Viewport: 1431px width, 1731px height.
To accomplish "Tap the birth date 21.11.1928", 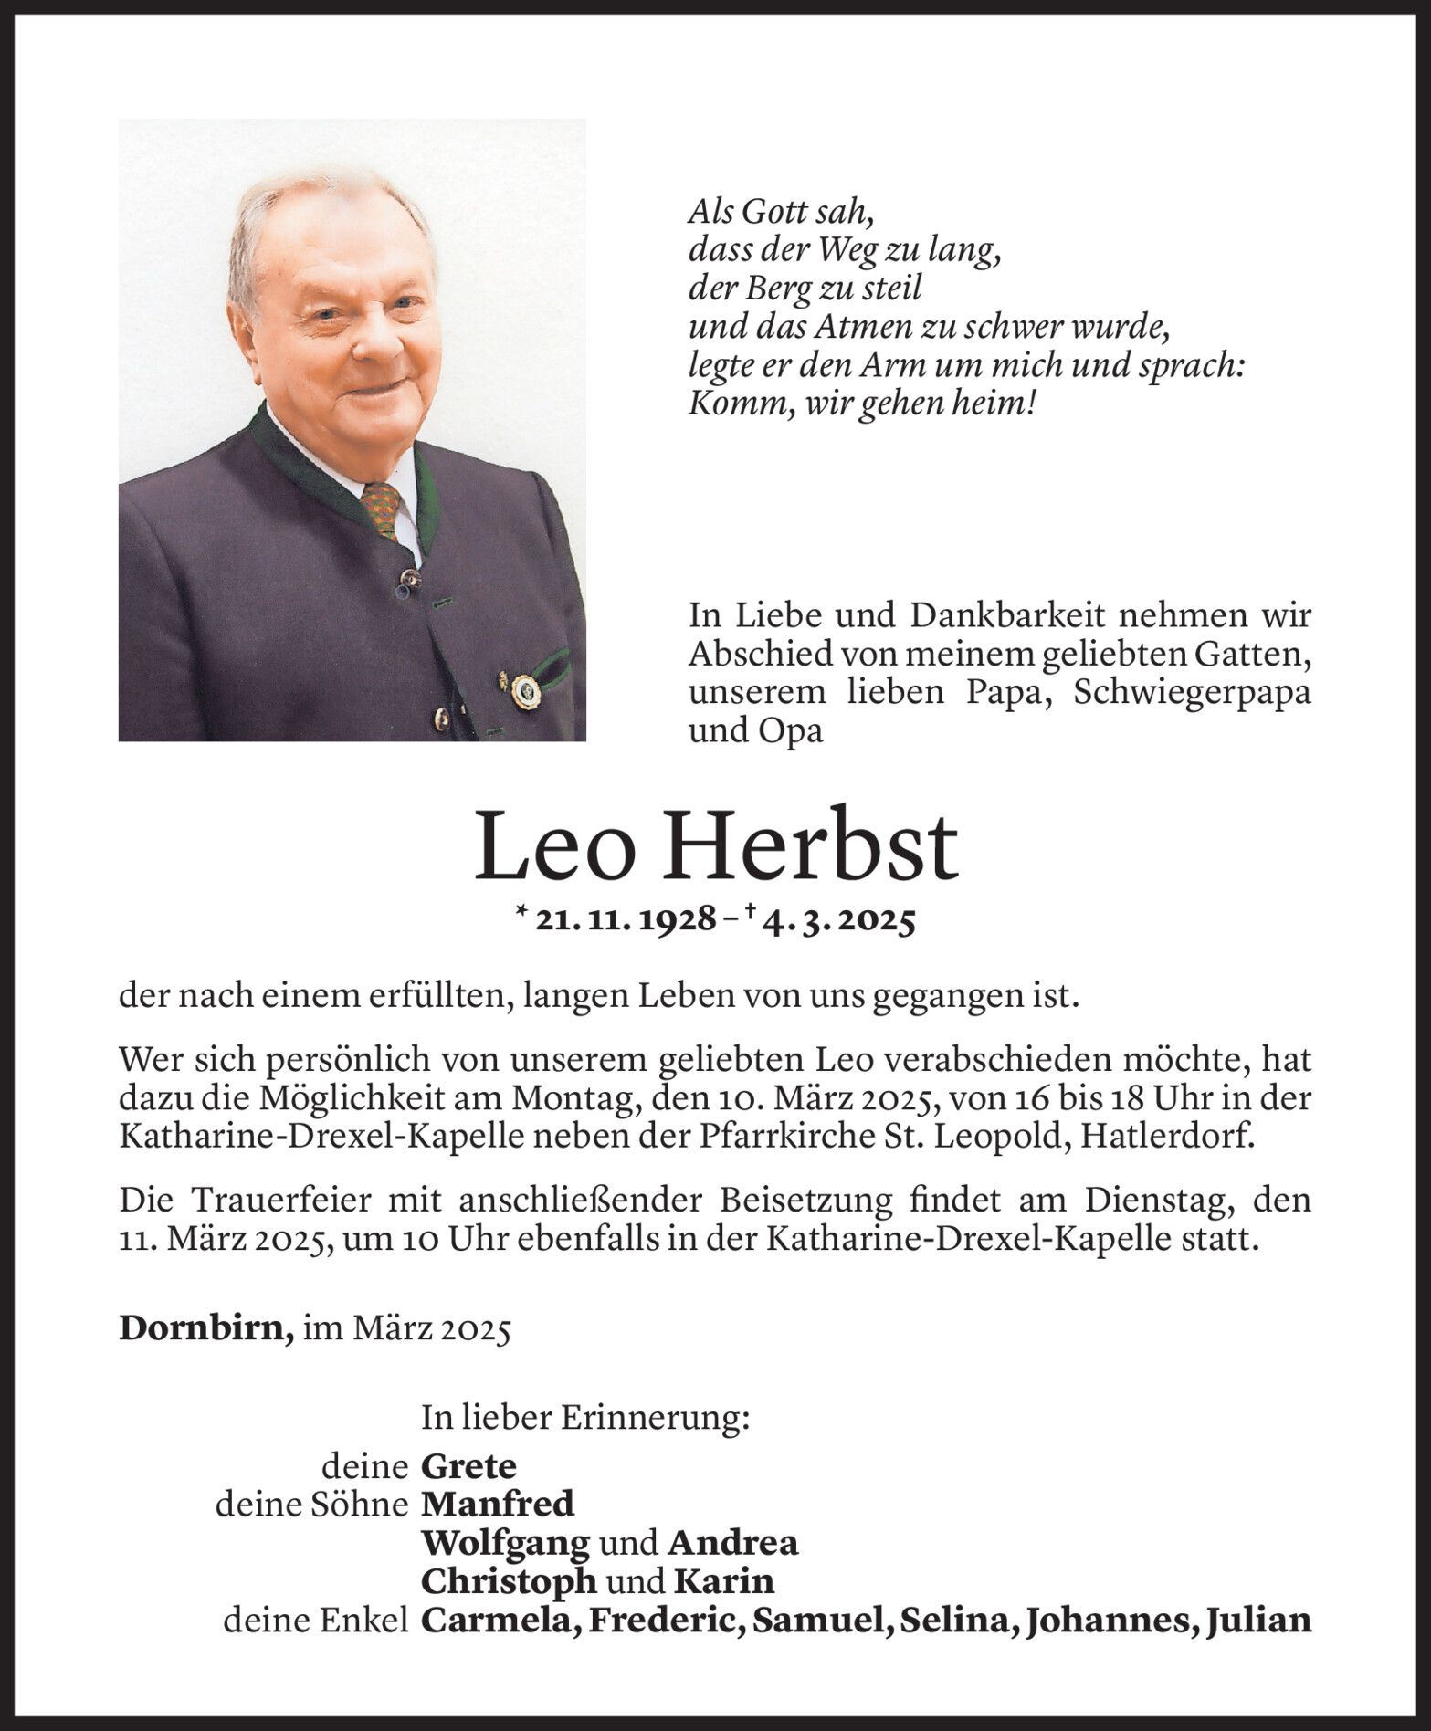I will click(x=626, y=920).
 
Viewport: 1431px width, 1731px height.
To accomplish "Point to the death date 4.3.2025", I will click(x=837, y=920).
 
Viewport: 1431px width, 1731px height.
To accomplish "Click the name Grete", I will click(x=468, y=1466).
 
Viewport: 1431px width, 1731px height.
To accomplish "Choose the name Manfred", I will click(x=498, y=1505).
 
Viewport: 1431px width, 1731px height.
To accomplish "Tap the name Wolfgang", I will click(x=505, y=1543).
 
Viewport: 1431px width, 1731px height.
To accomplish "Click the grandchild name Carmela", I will click(x=498, y=1620).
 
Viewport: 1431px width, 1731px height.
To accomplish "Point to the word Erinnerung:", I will click(x=655, y=1417).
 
